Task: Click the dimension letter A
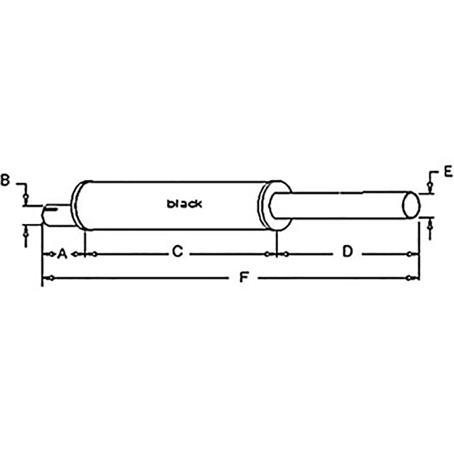tap(62, 253)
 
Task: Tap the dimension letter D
tap(347, 251)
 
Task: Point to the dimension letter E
tap(447, 171)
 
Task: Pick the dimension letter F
tap(244, 276)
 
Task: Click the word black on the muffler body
tap(184, 204)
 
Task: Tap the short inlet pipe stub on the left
tap(57, 215)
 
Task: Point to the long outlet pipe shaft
tap(340, 205)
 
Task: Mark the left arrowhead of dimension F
tap(50, 277)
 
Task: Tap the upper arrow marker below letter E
tap(429, 185)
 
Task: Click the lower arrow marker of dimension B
tap(26, 233)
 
